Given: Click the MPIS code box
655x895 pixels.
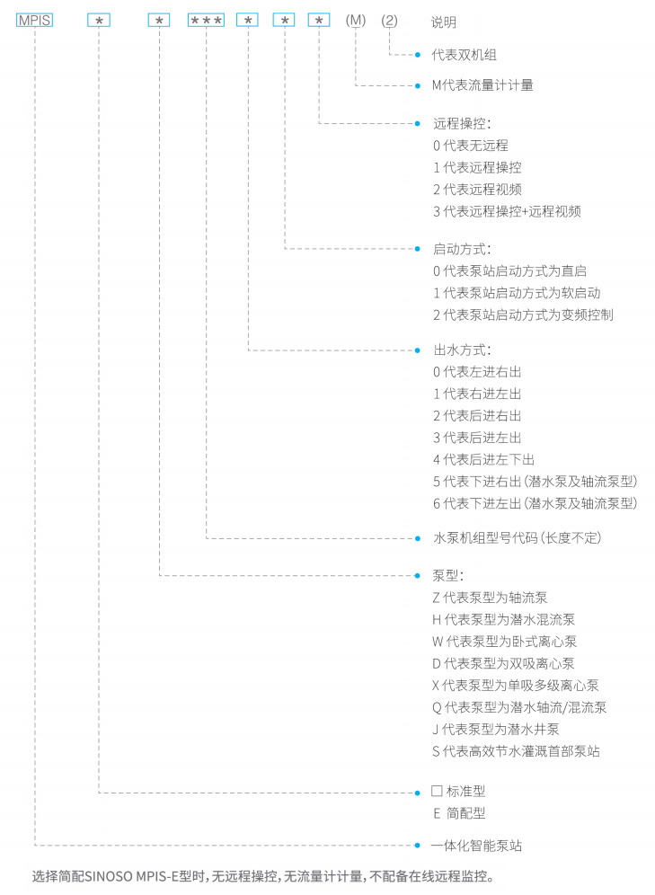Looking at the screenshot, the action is (x=35, y=20).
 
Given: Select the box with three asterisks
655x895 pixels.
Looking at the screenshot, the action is (x=206, y=20).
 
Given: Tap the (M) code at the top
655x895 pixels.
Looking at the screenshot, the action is (x=356, y=21).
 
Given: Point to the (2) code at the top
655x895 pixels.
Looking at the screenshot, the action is (x=389, y=22).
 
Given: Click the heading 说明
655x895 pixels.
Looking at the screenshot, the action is (x=443, y=22).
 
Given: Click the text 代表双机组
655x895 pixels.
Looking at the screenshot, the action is (x=464, y=55).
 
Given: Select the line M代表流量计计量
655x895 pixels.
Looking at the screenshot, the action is (x=482, y=85).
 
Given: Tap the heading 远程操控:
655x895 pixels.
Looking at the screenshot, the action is (x=462, y=123).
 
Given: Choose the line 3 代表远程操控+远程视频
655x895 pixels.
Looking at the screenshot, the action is (x=507, y=212).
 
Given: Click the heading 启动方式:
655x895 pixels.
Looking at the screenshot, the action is (x=462, y=250).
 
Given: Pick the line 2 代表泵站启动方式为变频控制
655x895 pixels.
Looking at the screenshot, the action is (x=523, y=315).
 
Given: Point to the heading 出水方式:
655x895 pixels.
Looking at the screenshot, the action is (x=462, y=350).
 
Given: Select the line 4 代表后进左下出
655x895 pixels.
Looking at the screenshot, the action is (x=483, y=459).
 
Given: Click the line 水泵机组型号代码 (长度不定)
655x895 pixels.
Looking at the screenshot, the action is (x=517, y=537).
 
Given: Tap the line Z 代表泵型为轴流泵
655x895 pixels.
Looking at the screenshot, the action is (x=490, y=598).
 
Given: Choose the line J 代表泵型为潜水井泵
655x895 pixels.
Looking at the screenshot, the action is (x=495, y=730).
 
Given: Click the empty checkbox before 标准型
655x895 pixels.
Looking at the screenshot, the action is (x=437, y=791).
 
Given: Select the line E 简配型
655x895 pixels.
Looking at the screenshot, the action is (x=459, y=813).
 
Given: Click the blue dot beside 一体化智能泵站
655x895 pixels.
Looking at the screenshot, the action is (x=418, y=846).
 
